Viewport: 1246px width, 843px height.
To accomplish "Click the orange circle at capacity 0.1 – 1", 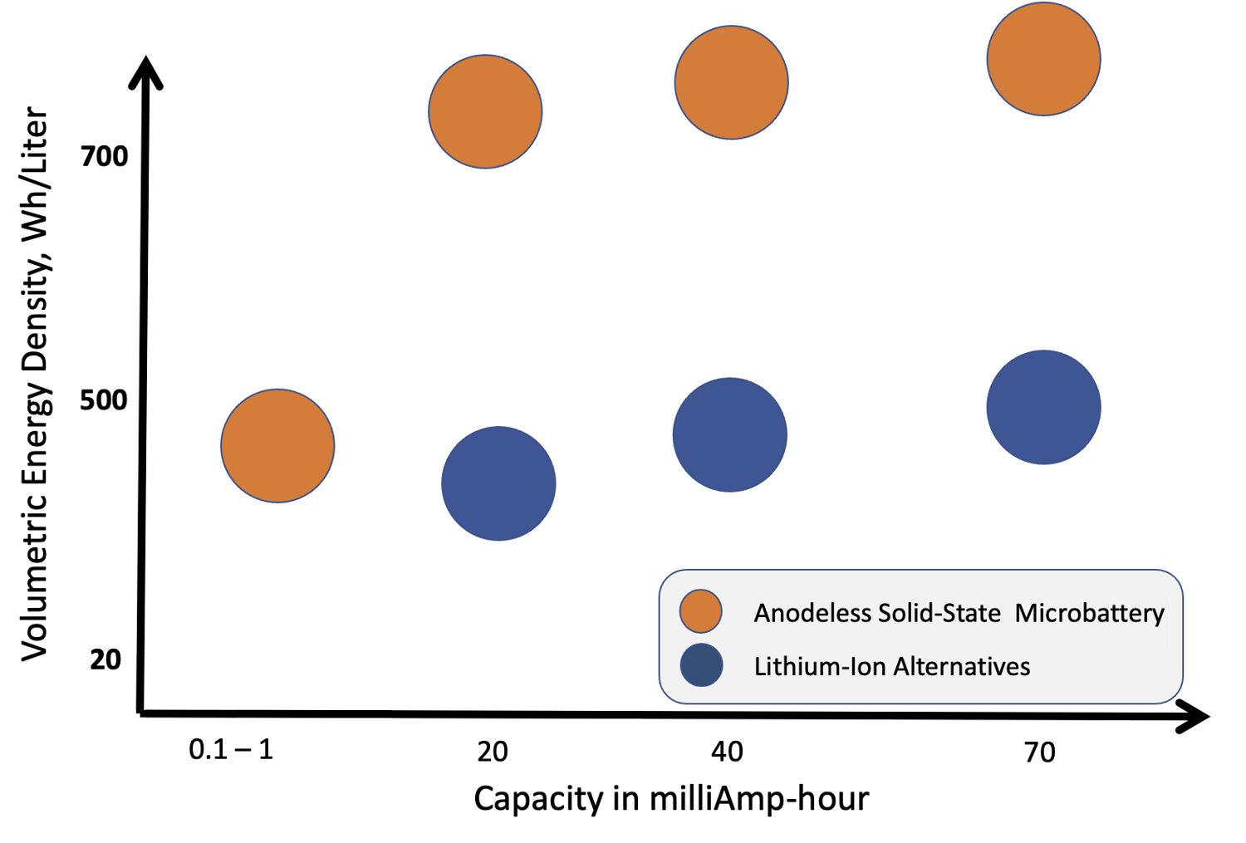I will (x=277, y=446).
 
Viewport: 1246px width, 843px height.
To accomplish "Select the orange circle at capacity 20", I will (x=485, y=111).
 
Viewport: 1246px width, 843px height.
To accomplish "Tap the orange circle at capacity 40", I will (x=731, y=82).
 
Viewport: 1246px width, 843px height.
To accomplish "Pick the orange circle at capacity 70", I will (x=1043, y=59).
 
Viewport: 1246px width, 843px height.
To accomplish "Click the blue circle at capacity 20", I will (x=498, y=483).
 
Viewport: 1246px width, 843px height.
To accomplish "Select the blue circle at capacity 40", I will (x=729, y=435).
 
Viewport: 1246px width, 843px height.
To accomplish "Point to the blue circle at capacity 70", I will (x=1043, y=407).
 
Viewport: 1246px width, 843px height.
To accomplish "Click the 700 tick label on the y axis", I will (x=105, y=155).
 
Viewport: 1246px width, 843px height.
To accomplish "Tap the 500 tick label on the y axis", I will (x=104, y=399).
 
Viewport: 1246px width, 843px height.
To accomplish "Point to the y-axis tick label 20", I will (x=105, y=659).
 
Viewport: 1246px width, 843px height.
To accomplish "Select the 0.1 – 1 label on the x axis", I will (x=231, y=750).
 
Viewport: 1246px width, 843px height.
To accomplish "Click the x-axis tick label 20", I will (x=493, y=752).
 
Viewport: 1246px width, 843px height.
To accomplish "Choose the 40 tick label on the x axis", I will (x=727, y=752).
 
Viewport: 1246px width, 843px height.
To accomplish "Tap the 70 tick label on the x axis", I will (x=1039, y=752).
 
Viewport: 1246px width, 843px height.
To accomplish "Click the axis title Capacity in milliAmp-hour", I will (x=671, y=799).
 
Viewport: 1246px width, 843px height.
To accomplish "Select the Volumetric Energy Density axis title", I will (x=35, y=383).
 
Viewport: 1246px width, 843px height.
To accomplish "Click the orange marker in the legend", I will (x=700, y=612).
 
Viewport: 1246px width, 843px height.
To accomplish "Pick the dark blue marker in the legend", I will (x=701, y=665).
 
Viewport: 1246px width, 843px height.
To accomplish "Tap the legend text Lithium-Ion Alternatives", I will (x=891, y=666).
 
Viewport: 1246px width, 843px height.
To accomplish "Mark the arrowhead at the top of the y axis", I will (x=146, y=71).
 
